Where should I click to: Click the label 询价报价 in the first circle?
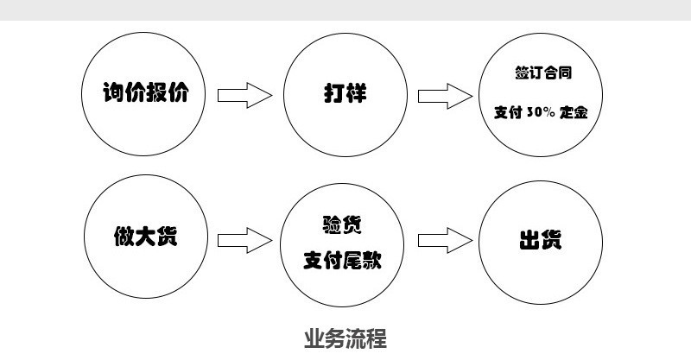pyautogui.click(x=145, y=92)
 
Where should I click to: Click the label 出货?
pyautogui.click(x=539, y=238)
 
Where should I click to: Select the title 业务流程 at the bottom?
pyautogui.click(x=345, y=338)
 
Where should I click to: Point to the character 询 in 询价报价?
pyautogui.click(x=114, y=92)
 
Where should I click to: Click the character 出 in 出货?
pyautogui.click(x=528, y=238)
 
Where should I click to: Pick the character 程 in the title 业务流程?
pyautogui.click(x=377, y=338)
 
